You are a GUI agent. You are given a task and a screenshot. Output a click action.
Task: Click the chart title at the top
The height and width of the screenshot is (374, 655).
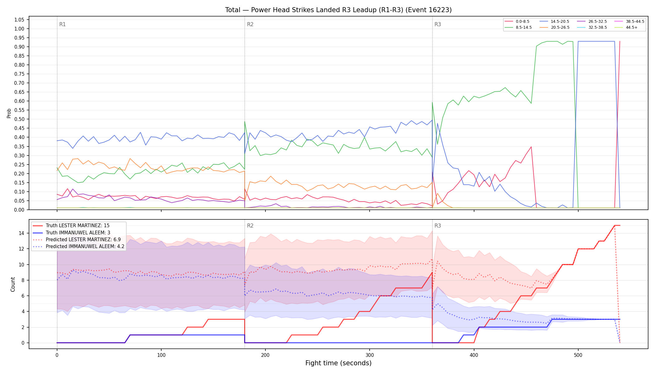[338, 10]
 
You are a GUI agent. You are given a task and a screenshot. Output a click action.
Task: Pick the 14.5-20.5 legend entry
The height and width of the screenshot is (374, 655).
[554, 22]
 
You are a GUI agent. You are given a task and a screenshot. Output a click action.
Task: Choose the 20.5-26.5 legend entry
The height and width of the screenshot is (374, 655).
[554, 27]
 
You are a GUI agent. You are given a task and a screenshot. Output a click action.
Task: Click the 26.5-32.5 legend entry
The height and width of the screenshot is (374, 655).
[592, 22]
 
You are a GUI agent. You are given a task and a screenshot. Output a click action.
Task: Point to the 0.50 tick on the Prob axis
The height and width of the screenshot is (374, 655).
[19, 119]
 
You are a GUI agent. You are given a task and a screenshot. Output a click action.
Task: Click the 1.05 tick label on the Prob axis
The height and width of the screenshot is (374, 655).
[19, 20]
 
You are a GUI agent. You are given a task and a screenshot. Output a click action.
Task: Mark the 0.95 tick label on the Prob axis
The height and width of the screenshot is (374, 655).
[19, 38]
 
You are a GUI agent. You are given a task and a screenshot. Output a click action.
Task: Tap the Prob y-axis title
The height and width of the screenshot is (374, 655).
[9, 113]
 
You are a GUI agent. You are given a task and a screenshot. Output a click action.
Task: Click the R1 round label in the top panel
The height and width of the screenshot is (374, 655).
[62, 24]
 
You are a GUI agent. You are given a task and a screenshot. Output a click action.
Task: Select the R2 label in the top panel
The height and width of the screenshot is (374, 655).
[250, 24]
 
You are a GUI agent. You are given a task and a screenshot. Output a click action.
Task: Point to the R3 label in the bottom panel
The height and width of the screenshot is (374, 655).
[438, 226]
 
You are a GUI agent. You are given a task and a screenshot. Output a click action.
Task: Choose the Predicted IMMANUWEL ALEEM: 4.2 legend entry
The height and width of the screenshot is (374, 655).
[79, 247]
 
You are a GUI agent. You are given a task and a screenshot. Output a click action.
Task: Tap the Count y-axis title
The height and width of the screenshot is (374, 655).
[13, 284]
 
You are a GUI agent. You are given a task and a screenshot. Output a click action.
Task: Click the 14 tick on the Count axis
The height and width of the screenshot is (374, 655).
[22, 233]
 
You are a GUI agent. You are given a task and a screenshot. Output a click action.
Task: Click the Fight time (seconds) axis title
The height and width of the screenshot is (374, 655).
[338, 363]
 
